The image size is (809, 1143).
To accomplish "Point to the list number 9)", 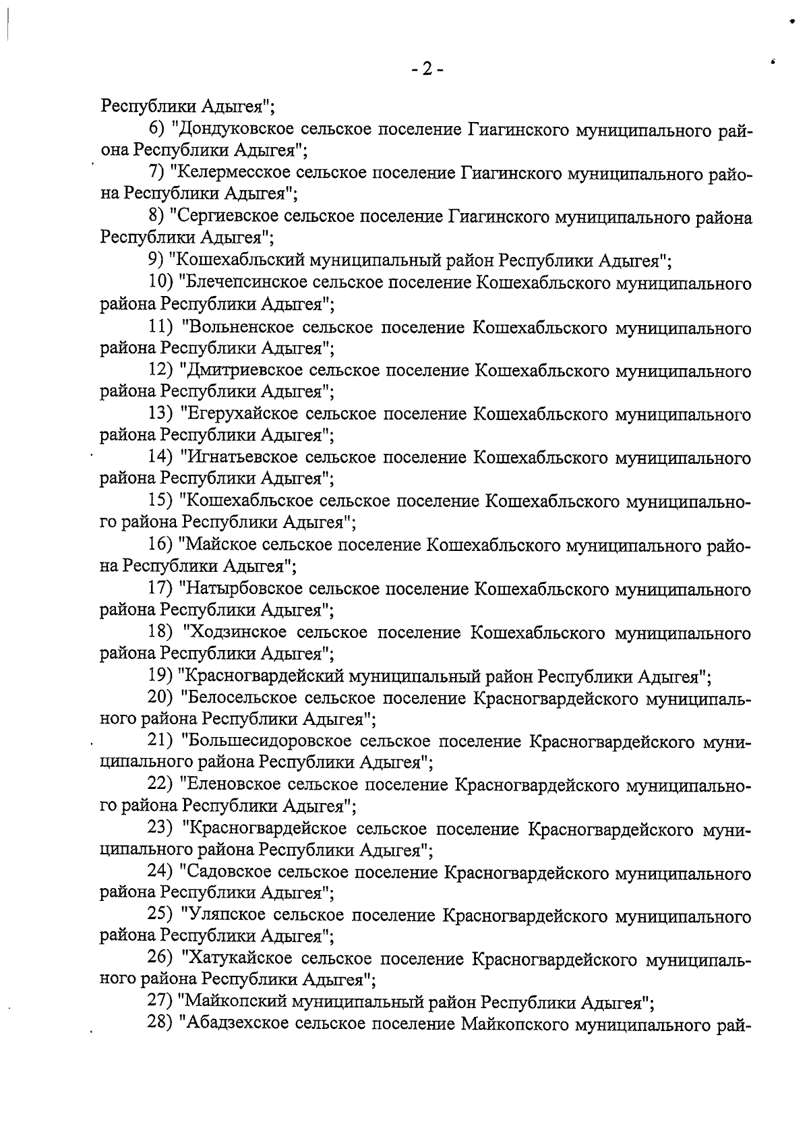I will click(156, 260).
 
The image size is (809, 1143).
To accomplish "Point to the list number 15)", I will click(160, 502).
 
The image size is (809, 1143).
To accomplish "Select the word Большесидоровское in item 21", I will click(266, 742).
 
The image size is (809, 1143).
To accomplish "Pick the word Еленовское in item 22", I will click(233, 785).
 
